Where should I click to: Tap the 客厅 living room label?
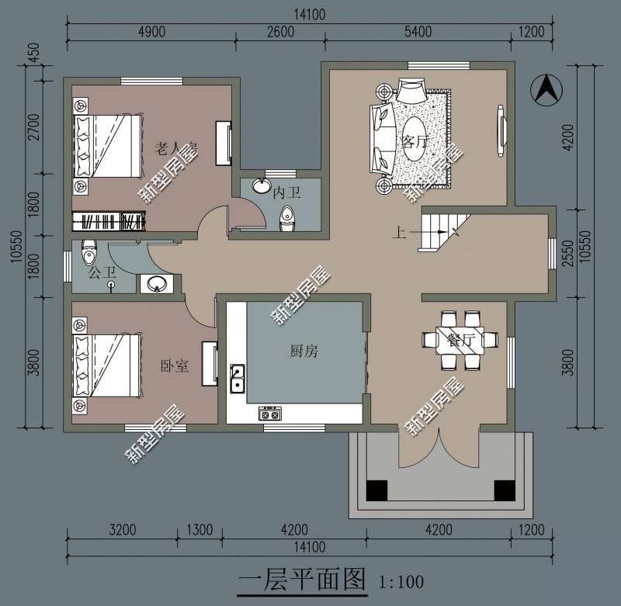[x=416, y=142]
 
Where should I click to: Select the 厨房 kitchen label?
[x=304, y=351]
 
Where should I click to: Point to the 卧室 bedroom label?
[x=175, y=365]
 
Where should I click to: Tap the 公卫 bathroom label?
[x=102, y=272]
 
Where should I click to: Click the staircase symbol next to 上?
[x=441, y=230]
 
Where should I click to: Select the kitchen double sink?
[x=238, y=379]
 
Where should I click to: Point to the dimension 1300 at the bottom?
[x=199, y=531]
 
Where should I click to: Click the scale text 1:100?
[x=401, y=580]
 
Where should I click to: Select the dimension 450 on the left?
[x=33, y=55]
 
